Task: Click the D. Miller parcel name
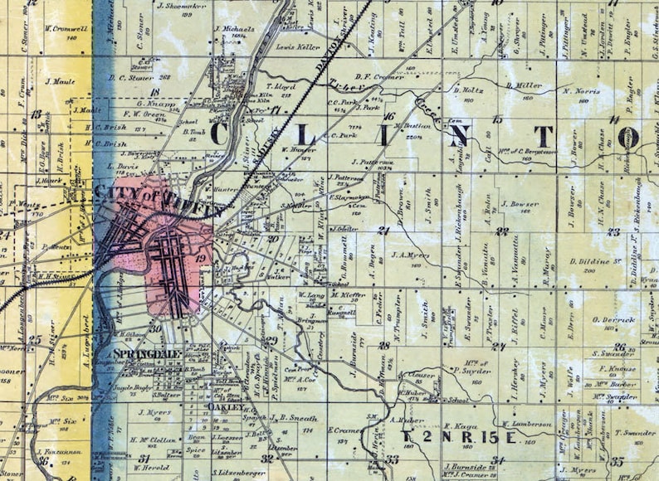[524, 85]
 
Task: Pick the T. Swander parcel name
[635, 433]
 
